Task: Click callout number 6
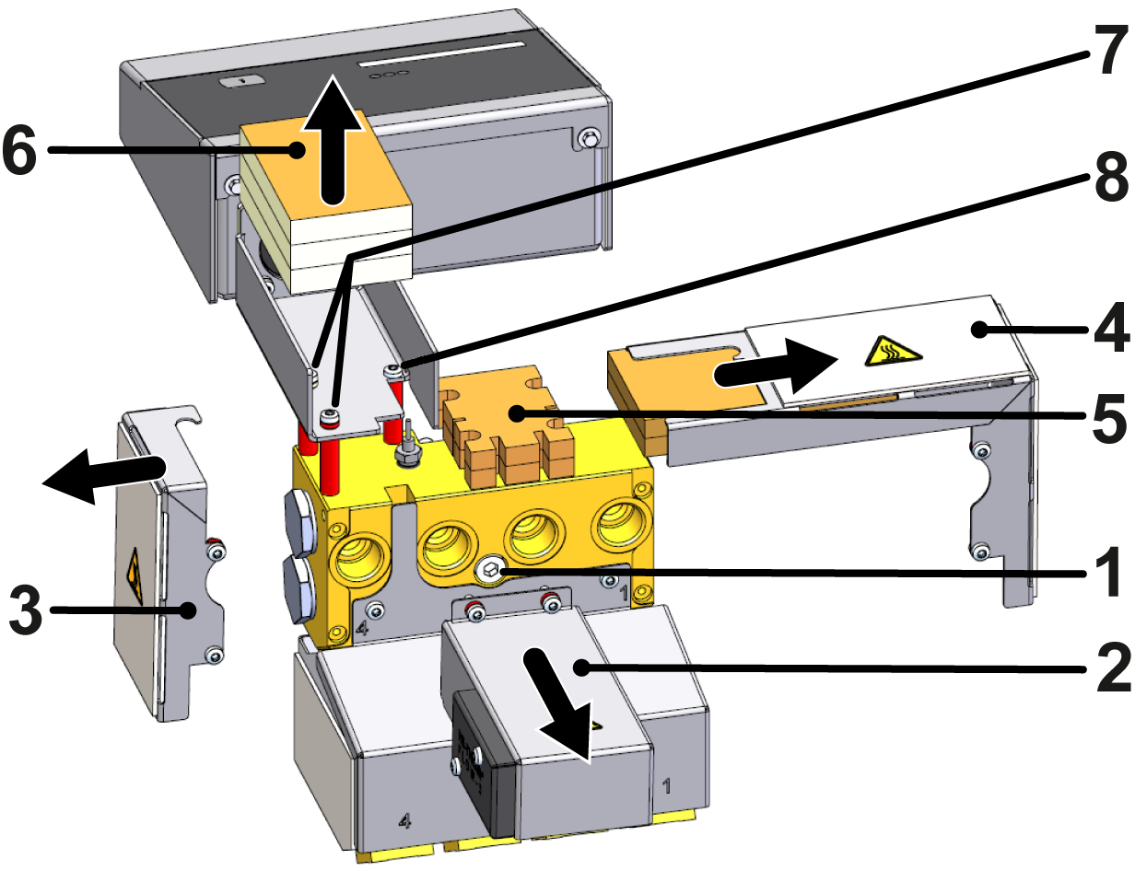(20, 150)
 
